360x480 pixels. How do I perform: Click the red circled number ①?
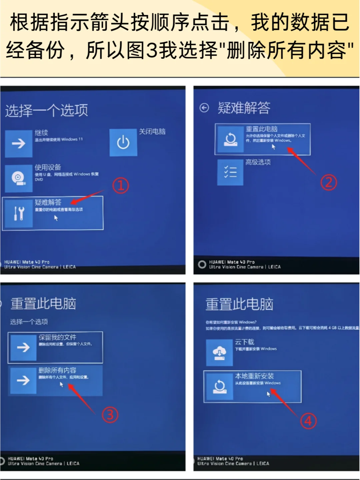120,185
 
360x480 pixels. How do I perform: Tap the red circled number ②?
328,182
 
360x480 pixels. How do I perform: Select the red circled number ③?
110,415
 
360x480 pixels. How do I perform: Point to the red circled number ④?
308,421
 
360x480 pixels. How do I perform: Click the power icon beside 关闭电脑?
123,143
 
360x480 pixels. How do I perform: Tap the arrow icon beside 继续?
19,143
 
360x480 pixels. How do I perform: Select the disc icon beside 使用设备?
19,178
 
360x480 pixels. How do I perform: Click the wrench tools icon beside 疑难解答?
19,213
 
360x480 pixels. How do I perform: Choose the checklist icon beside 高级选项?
230,172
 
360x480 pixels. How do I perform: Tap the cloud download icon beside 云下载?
219,353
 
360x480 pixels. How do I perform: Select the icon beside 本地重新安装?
220,387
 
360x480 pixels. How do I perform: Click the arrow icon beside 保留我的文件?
23,348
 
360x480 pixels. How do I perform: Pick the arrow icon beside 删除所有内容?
23,380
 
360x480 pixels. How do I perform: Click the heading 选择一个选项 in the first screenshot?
47,110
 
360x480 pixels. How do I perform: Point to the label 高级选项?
258,162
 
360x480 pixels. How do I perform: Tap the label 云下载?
245,342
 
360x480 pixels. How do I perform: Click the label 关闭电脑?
152,131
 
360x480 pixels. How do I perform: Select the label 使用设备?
48,167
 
